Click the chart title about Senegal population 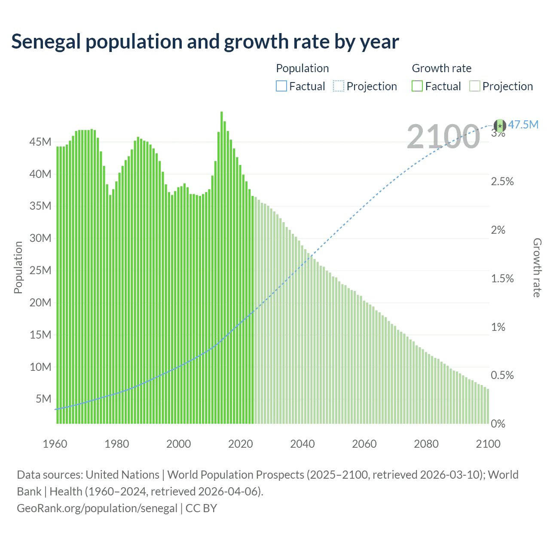pyautogui.click(x=205, y=42)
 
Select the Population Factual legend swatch pyautogui.click(x=281, y=86)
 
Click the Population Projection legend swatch pyautogui.click(x=339, y=86)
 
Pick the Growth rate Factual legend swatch pyautogui.click(x=417, y=86)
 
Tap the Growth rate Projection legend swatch pyautogui.click(x=474, y=86)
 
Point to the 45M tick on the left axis pyautogui.click(x=40, y=142)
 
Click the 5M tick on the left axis pyautogui.click(x=43, y=399)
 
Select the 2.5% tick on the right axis pyautogui.click(x=502, y=181)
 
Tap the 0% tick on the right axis pyautogui.click(x=498, y=424)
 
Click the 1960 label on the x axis pyautogui.click(x=55, y=444)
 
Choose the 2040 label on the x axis pyautogui.click(x=302, y=444)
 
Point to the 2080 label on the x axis pyautogui.click(x=426, y=444)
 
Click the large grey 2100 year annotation pyautogui.click(x=443, y=137)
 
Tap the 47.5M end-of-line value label pyautogui.click(x=523, y=125)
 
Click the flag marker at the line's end pyautogui.click(x=499, y=125)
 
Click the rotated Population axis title pyautogui.click(x=18, y=267)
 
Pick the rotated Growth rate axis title pyautogui.click(x=537, y=267)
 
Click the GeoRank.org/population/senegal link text pyautogui.click(x=97, y=508)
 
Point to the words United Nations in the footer pyautogui.click(x=122, y=475)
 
